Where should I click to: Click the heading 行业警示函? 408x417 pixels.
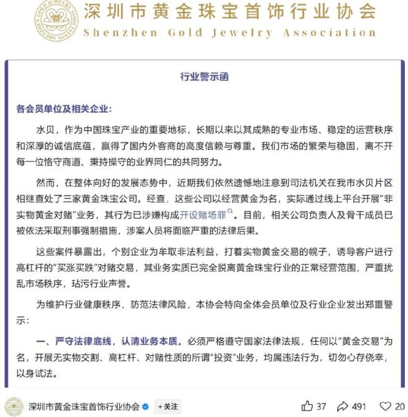205,77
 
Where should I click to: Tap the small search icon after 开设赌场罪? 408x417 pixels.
230,212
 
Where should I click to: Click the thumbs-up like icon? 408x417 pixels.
307,406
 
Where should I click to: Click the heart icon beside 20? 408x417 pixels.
385,406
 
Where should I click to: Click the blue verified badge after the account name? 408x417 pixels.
146,406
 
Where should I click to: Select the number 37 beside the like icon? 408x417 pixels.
321,406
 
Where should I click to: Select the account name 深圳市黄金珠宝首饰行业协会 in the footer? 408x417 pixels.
84,406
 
